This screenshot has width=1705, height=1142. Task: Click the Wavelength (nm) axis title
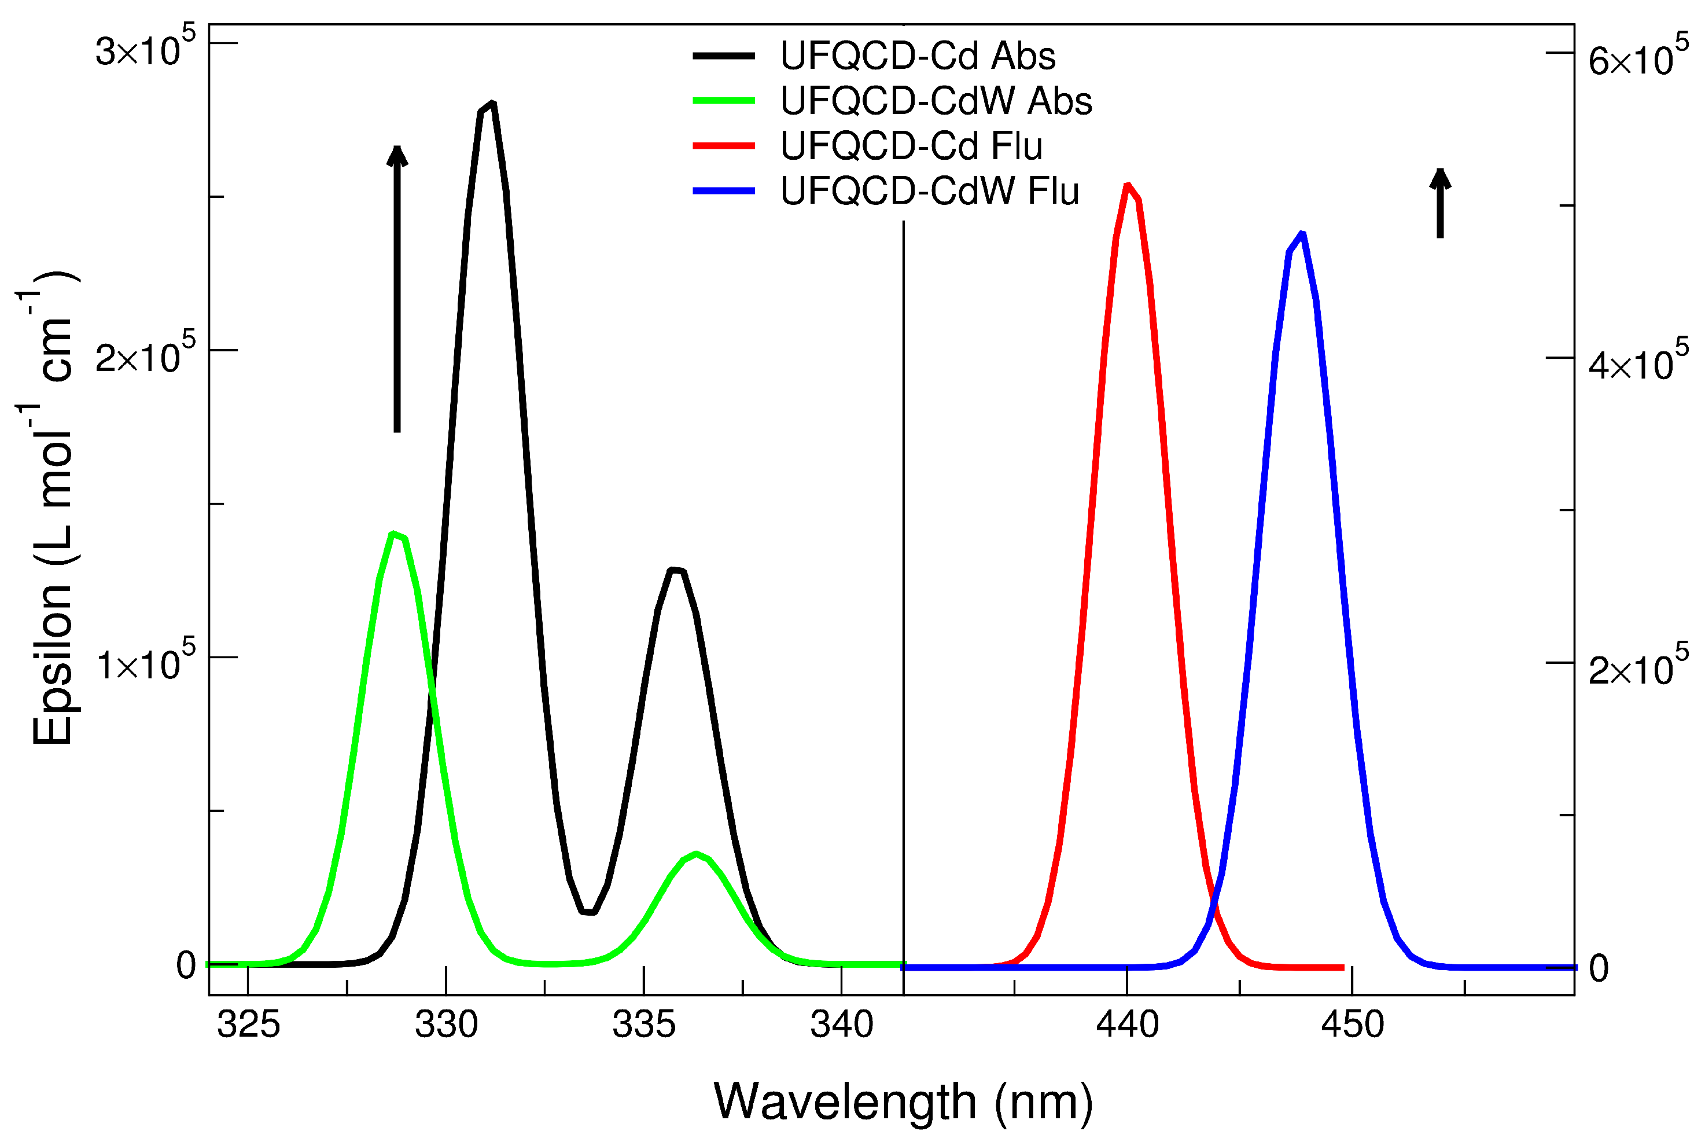pos(903,1101)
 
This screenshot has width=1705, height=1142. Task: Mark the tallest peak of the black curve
pos(493,104)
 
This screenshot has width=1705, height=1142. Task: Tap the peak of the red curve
pos(1128,185)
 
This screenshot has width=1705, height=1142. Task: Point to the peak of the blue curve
pos(1302,234)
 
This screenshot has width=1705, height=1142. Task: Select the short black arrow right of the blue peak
pos(1439,203)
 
